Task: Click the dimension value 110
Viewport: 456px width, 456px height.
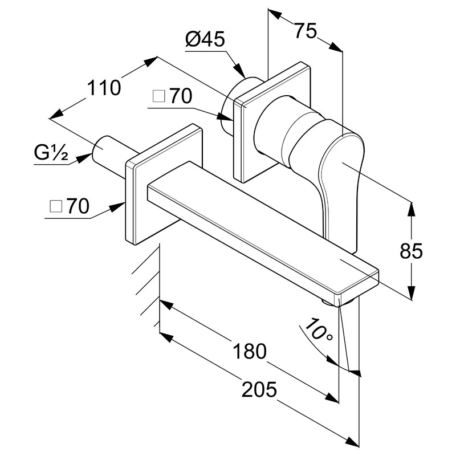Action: click(x=104, y=88)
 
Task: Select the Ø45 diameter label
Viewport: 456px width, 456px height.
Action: click(x=205, y=39)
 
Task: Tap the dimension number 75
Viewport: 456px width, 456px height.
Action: click(x=305, y=31)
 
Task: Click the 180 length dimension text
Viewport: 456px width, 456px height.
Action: click(x=250, y=351)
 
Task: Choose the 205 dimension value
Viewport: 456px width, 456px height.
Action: click(x=259, y=389)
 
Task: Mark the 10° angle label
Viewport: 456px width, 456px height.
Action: click(x=319, y=331)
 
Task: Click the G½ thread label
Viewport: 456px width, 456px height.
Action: click(x=51, y=153)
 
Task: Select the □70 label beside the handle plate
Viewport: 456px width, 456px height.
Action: click(x=172, y=96)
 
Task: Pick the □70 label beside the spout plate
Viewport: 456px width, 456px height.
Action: click(x=69, y=206)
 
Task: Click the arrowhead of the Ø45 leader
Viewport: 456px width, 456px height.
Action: click(x=240, y=71)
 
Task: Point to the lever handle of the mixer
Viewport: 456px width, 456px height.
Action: click(x=341, y=186)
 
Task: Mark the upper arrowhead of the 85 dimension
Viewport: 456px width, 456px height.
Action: click(x=411, y=209)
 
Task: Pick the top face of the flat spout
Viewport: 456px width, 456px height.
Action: click(x=262, y=224)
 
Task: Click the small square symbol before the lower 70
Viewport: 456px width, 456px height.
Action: click(x=56, y=206)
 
